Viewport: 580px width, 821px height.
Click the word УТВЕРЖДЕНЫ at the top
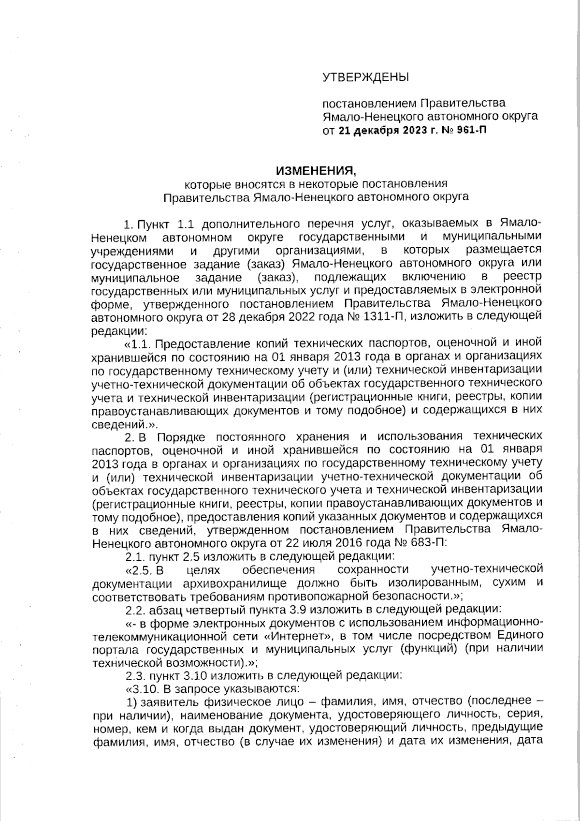pyautogui.click(x=365, y=77)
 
